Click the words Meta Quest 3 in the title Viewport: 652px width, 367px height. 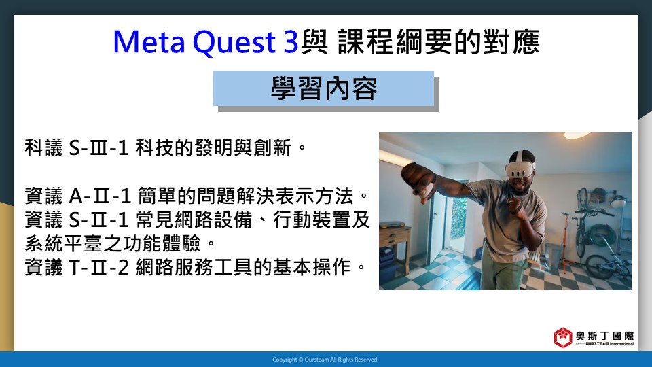pyautogui.click(x=205, y=42)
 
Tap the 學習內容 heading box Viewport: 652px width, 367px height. pyautogui.click(x=323, y=88)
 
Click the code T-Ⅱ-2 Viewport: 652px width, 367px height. pyautogui.click(x=98, y=267)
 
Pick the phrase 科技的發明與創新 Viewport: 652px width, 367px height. pyautogui.click(x=213, y=147)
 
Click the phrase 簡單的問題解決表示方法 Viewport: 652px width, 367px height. pyautogui.click(x=245, y=196)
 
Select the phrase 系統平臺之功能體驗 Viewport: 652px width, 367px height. pyautogui.click(x=113, y=243)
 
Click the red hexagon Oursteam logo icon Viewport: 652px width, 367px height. pyautogui.click(x=562, y=337)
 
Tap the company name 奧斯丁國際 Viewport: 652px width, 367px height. pyautogui.click(x=605, y=335)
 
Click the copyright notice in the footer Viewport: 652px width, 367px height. pyautogui.click(x=325, y=360)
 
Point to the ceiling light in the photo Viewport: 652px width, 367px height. pyautogui.click(x=577, y=135)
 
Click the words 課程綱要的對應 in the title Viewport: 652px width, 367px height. pyautogui.click(x=439, y=42)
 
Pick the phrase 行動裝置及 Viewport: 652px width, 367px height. pyautogui.click(x=321, y=220)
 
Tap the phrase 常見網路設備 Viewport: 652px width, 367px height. pyautogui.click(x=194, y=220)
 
